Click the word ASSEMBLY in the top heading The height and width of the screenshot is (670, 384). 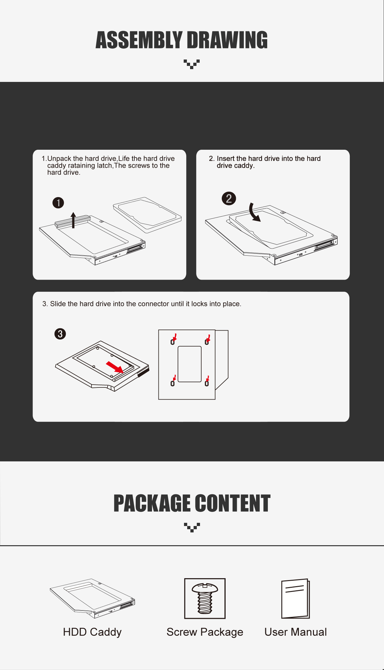pos(139,40)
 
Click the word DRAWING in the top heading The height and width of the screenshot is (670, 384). pos(227,40)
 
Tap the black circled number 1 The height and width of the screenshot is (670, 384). pos(58,203)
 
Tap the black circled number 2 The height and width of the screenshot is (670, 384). pos(229,198)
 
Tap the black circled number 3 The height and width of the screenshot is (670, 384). pos(60,334)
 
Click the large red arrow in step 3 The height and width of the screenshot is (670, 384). pos(115,367)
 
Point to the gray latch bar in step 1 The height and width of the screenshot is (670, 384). pos(73,221)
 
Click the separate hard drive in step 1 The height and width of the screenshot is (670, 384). pos(147,215)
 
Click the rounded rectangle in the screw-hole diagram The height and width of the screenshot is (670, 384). pos(189,364)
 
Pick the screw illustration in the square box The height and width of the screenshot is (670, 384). pos(205,598)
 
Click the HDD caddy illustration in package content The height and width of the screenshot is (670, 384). pos(92,598)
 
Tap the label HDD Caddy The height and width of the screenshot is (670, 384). pos(92,632)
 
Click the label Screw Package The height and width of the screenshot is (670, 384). pos(205,632)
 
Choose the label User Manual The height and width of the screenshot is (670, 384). pos(296,632)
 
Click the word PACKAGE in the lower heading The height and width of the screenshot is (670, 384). pos(153,504)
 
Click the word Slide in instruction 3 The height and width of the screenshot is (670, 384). pos(58,304)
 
